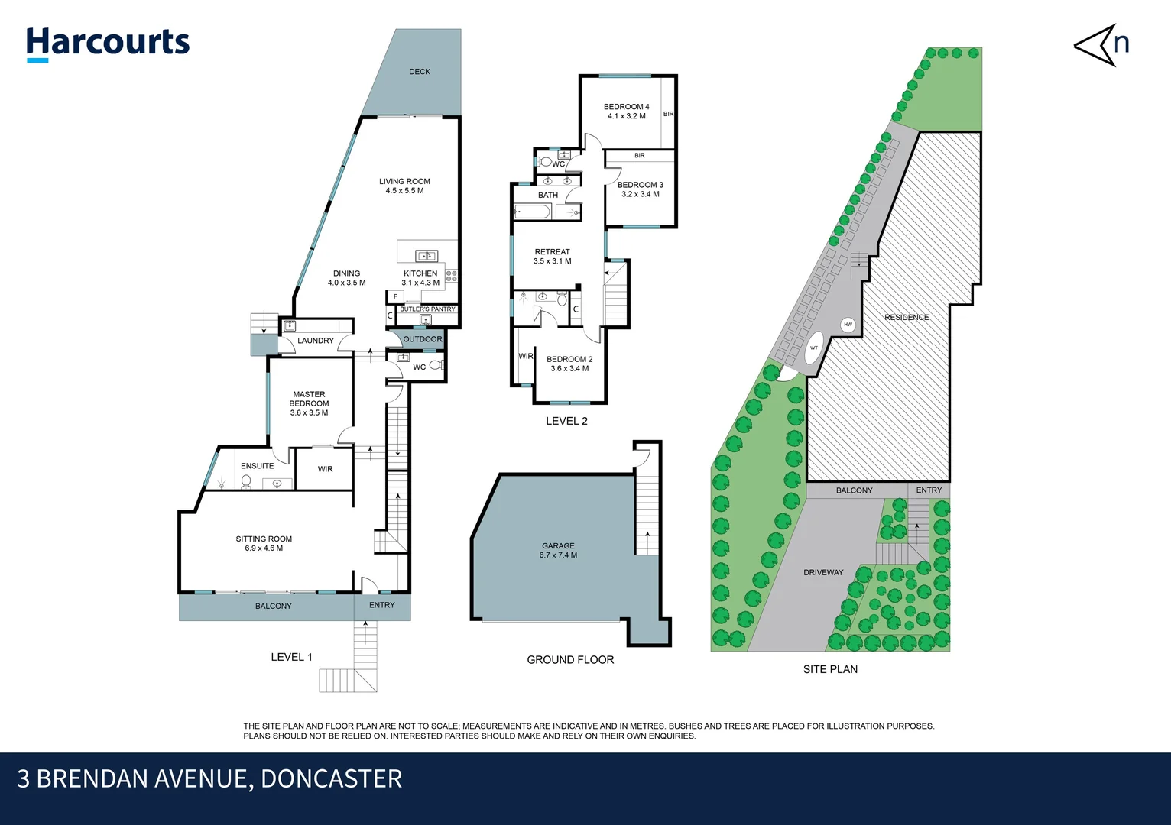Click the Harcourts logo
tap(108, 43)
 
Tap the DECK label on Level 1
tap(419, 72)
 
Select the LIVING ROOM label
tap(404, 182)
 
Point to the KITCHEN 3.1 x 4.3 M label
tap(420, 278)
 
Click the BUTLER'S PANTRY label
tap(427, 309)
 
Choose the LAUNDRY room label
tap(316, 341)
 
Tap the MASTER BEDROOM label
tap(309, 400)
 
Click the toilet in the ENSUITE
tap(246, 481)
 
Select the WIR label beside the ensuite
tap(325, 469)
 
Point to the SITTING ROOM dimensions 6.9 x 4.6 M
tap(264, 548)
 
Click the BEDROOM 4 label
tap(626, 107)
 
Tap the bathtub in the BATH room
tap(533, 212)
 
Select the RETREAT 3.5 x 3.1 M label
tap(552, 257)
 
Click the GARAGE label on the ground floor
tap(558, 545)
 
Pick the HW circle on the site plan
tap(848, 325)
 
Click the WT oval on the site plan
tap(814, 348)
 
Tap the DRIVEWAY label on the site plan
tap(823, 572)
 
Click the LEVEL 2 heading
tap(566, 421)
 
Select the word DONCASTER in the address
tap(331, 778)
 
